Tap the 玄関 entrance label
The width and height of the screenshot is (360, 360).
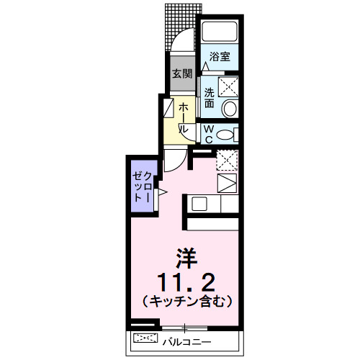click(x=181, y=73)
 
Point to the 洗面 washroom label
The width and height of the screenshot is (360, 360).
click(x=209, y=97)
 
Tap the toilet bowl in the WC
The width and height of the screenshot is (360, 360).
click(x=226, y=134)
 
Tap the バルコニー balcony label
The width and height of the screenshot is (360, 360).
click(x=186, y=339)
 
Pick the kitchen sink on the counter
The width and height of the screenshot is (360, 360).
click(x=199, y=203)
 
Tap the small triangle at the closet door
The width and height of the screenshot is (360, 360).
click(x=162, y=192)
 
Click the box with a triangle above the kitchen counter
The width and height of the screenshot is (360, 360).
click(x=226, y=183)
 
